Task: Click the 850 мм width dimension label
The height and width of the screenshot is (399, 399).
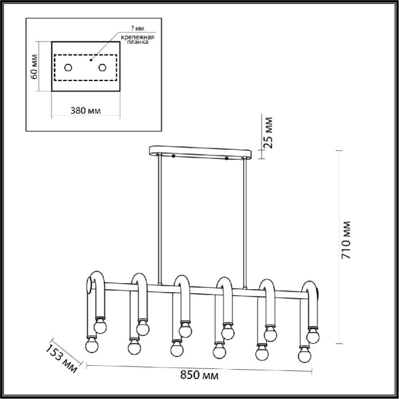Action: coord(199,375)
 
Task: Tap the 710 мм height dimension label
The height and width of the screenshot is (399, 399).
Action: coord(346,240)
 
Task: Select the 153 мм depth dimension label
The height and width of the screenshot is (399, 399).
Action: coord(62,359)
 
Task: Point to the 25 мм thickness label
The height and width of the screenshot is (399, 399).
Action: coord(268,132)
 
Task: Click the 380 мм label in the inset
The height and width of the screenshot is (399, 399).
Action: coord(86,110)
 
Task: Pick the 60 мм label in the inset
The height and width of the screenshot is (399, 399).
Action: coord(34,66)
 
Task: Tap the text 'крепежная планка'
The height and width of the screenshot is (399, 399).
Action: coord(138,39)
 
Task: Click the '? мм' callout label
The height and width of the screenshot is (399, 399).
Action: coord(138,28)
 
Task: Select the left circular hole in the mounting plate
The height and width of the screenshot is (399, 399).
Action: coord(68,68)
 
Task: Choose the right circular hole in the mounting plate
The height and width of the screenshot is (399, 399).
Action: coord(102,68)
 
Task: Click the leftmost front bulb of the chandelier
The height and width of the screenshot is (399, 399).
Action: coord(92,345)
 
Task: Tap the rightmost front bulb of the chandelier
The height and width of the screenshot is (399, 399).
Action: coord(305,354)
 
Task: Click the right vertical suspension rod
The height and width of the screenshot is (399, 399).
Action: coord(245,223)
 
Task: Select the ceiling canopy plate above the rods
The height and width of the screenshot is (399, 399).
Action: coord(200,152)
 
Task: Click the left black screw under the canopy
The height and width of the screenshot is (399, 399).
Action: coord(174,156)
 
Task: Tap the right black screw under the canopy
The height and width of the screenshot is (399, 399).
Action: coord(227,158)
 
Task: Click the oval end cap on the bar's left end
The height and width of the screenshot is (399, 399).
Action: coord(89,285)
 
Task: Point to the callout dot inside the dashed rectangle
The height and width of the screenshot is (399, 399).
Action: coord(91,60)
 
